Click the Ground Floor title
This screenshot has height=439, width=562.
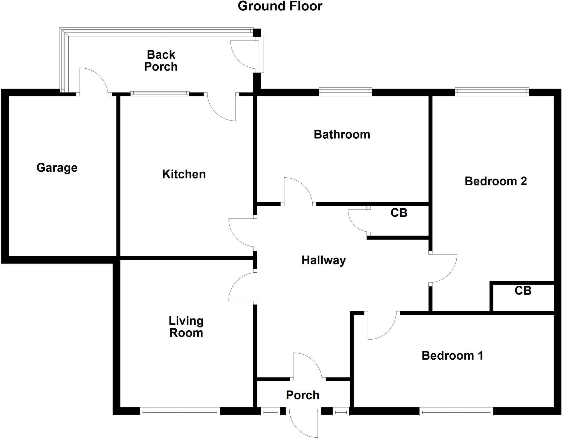click(280, 6)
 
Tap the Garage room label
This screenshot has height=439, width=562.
click(57, 168)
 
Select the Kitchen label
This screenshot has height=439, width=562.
click(184, 174)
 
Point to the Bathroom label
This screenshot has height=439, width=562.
click(342, 135)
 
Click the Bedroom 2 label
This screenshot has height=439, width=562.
click(496, 181)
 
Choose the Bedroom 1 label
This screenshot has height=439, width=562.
click(452, 356)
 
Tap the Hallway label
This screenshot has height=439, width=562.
click(324, 260)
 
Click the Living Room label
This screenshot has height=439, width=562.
click(186, 327)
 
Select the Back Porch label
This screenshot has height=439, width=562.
click(161, 61)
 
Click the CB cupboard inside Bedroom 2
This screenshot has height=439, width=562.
click(523, 291)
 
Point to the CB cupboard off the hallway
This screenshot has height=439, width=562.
click(399, 213)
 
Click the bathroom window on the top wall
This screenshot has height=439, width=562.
click(345, 92)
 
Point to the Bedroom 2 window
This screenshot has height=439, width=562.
click(492, 92)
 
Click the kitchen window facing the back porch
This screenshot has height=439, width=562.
click(160, 94)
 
